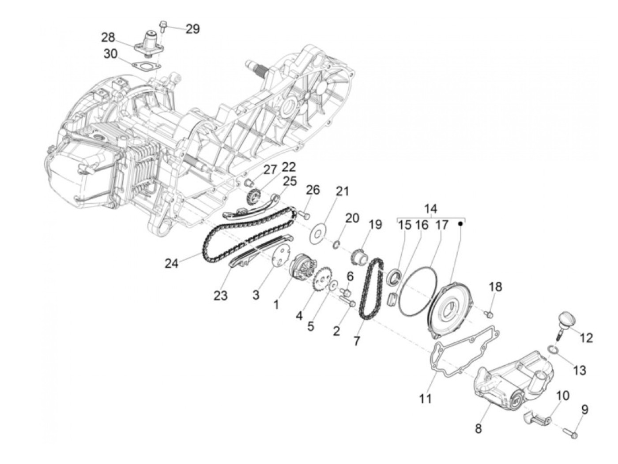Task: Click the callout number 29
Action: point(192,29)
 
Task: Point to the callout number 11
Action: point(425,398)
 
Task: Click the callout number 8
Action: point(478,428)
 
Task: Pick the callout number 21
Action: point(342,191)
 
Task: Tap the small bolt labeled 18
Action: point(489,314)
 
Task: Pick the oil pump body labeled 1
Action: point(301,268)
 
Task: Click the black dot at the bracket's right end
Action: point(460,224)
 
